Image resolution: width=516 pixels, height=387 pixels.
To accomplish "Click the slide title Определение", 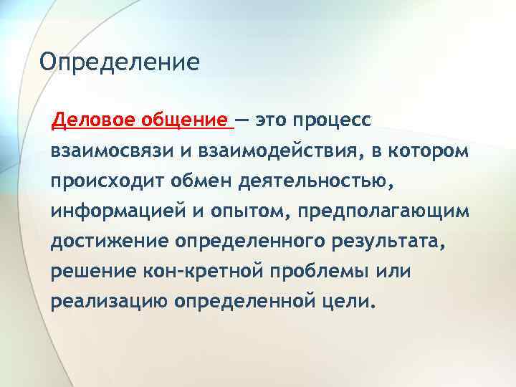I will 119,62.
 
